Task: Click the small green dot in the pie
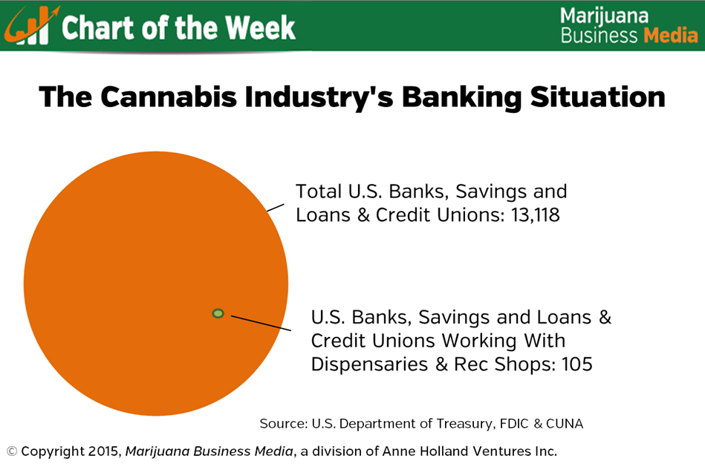click(x=218, y=313)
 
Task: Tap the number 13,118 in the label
click(x=535, y=215)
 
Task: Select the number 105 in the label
click(x=577, y=364)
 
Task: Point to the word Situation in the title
click(x=597, y=97)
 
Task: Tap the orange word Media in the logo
click(x=670, y=35)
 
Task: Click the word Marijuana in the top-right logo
click(x=604, y=16)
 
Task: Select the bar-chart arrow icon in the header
click(x=30, y=26)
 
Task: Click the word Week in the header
click(x=260, y=27)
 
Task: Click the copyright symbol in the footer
click(x=12, y=451)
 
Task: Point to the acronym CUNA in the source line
click(x=565, y=423)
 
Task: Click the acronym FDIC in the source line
click(x=514, y=423)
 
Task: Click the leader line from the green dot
click(x=261, y=323)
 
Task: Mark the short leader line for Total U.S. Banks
click(x=275, y=207)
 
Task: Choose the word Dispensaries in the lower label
click(x=369, y=365)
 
